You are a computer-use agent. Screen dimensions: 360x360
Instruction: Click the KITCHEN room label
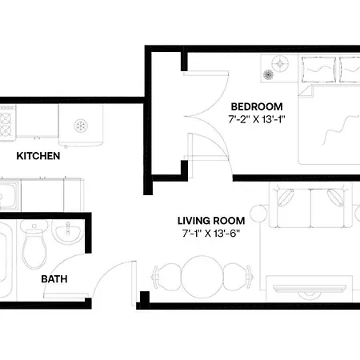click(38, 156)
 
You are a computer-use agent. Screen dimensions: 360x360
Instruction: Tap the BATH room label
click(54, 279)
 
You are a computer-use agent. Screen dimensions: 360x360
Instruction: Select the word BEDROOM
click(257, 106)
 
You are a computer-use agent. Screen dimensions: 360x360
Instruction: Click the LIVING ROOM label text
click(211, 221)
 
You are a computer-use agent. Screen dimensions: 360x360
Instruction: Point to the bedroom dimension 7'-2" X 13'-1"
click(257, 119)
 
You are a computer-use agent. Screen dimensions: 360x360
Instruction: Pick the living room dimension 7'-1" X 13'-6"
click(211, 234)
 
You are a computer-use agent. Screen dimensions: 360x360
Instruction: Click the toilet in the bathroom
click(34, 244)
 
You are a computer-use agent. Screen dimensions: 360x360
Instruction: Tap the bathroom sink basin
click(67, 231)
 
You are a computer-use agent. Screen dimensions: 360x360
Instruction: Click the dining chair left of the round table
click(166, 277)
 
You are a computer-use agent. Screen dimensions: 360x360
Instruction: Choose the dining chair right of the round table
click(238, 277)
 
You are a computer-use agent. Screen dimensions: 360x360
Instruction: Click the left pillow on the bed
click(318, 70)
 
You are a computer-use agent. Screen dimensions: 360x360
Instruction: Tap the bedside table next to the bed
click(279, 68)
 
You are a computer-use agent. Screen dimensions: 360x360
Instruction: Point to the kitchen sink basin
click(7, 196)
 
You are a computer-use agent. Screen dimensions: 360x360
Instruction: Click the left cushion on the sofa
click(286, 198)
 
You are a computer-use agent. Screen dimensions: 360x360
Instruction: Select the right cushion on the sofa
click(336, 198)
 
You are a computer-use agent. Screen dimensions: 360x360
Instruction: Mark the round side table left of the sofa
click(258, 214)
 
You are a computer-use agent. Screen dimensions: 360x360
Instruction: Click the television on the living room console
click(310, 289)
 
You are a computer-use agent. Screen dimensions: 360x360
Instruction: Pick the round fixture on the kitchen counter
click(81, 126)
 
